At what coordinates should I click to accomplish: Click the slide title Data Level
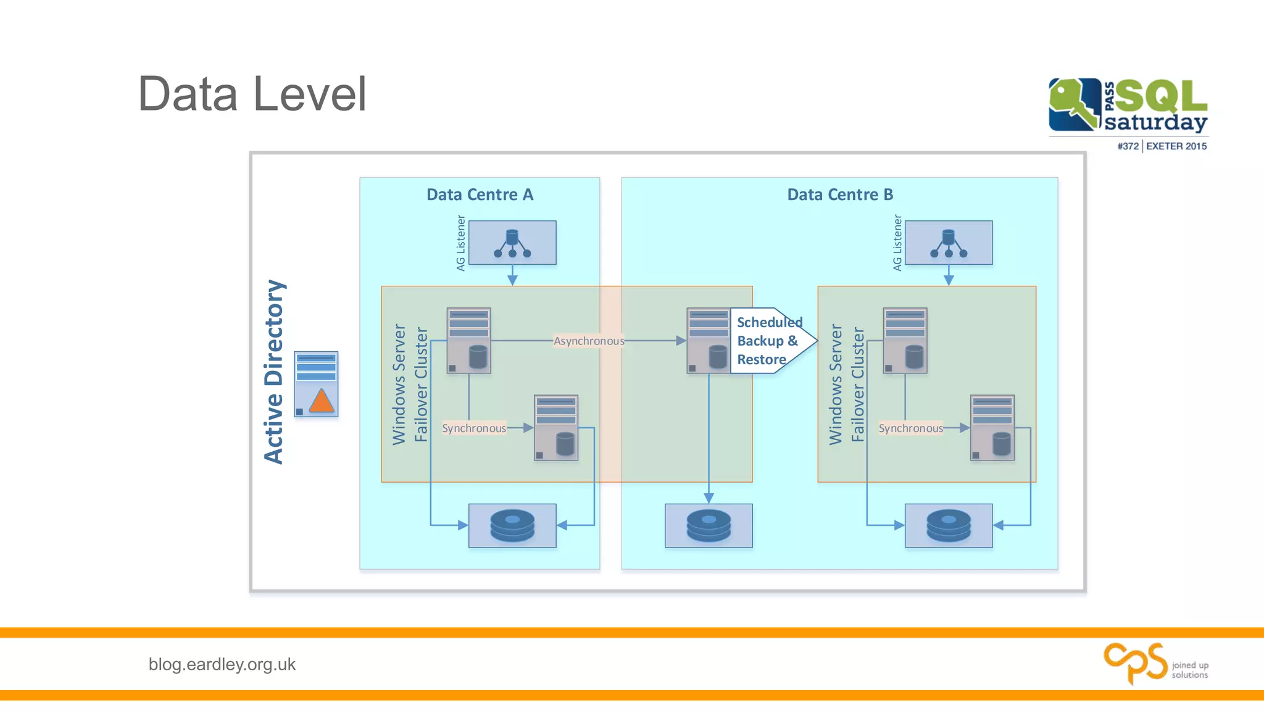(x=252, y=94)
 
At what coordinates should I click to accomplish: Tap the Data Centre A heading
(x=480, y=194)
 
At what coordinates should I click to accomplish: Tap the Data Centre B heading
(x=839, y=194)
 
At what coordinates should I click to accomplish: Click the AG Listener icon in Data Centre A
(x=512, y=243)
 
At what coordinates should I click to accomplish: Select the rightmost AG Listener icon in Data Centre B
(x=949, y=243)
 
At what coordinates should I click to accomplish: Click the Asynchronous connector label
(x=589, y=341)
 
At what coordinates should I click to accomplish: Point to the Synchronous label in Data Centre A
(x=474, y=428)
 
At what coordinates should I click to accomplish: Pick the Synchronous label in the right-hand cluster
(x=910, y=428)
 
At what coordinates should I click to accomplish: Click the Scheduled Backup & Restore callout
(x=768, y=341)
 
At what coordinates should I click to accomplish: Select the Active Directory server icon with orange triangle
(x=316, y=385)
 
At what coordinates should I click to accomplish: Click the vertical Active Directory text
(x=274, y=372)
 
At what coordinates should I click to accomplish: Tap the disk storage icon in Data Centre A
(x=512, y=525)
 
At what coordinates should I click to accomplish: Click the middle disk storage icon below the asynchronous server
(x=709, y=525)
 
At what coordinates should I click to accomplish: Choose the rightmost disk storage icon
(x=949, y=525)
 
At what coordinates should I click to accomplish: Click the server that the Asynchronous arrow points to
(x=708, y=341)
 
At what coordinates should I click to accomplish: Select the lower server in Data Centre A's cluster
(x=555, y=428)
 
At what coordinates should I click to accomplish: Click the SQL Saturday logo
(x=1128, y=106)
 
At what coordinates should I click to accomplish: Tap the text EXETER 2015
(x=1176, y=146)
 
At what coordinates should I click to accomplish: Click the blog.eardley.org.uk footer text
(x=222, y=664)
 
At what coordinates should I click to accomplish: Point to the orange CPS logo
(x=1136, y=663)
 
